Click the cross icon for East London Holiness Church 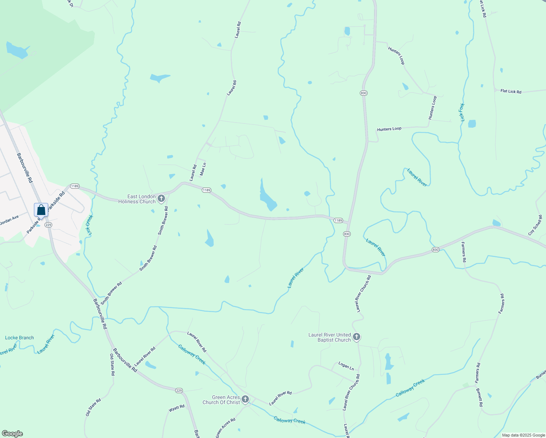(161, 199)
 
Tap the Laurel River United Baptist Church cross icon (357, 337)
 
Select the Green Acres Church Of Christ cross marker (245, 400)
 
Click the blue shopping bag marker (41, 210)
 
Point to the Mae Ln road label (203, 169)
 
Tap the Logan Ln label (346, 366)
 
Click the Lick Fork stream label (462, 112)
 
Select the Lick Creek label (89, 225)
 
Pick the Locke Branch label (19, 338)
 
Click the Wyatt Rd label (177, 409)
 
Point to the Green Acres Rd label (226, 427)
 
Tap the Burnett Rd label (480, 397)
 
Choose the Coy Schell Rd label (535, 225)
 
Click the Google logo (12, 434)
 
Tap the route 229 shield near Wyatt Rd (179, 391)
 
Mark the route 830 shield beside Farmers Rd (435, 250)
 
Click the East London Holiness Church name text (137, 199)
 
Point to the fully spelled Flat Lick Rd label (511, 91)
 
